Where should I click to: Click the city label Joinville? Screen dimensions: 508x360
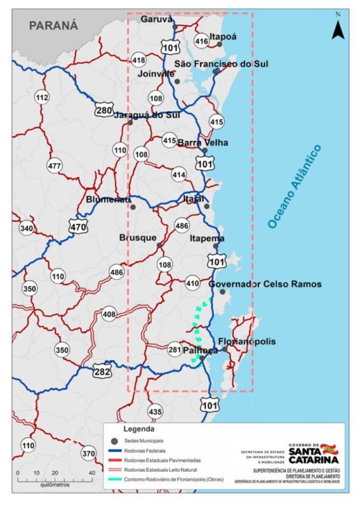[156, 74]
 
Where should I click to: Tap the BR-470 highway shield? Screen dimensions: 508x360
[78, 225]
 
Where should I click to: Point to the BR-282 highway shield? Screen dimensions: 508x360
[102, 370]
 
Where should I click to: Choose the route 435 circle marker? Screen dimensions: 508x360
[155, 410]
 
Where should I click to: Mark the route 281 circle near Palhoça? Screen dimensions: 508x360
[175, 350]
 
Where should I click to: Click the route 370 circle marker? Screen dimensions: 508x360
[88, 453]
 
